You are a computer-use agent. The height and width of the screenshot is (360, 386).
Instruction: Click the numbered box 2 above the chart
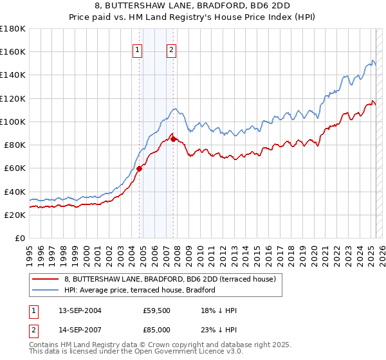tap(172, 51)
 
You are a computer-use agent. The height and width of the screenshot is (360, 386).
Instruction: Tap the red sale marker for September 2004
tap(139, 168)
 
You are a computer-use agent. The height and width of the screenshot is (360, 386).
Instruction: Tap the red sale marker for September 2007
tap(173, 139)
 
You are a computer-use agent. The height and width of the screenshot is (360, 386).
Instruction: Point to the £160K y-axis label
tap(12, 52)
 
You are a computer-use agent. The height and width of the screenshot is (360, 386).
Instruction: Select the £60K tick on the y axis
tap(14, 168)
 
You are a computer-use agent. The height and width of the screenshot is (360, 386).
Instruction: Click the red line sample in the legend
tap(46, 279)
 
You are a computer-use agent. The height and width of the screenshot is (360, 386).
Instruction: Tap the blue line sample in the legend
tap(46, 290)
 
